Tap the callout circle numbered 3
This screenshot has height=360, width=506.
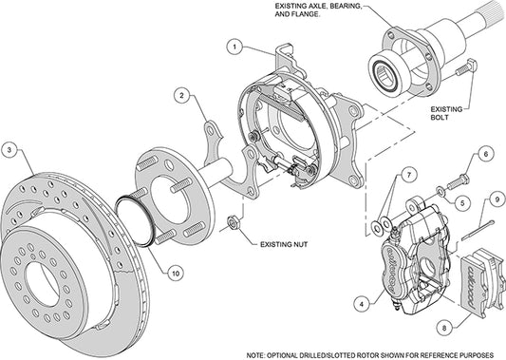pyautogui.click(x=9, y=150)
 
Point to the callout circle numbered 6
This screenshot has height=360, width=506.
pyautogui.click(x=484, y=153)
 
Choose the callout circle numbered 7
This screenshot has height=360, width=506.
pyautogui.click(x=406, y=175)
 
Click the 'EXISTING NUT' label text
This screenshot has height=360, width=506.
pyautogui.click(x=284, y=244)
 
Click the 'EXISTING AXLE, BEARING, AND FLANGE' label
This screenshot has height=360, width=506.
pyautogui.click(x=317, y=12)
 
